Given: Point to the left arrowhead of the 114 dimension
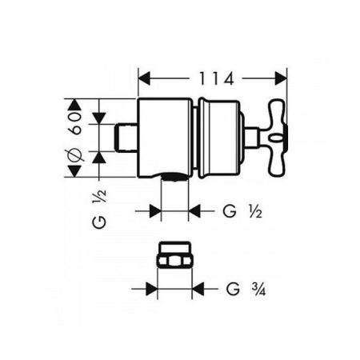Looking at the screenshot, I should pos(144,78).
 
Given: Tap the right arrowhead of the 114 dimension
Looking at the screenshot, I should pos(281,78).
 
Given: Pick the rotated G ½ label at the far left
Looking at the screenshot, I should pos(99,210).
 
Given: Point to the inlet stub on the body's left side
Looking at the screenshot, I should pos(127,138).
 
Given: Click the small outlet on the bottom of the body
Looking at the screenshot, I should pos(174,178).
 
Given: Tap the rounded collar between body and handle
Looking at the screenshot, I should pos(218,138).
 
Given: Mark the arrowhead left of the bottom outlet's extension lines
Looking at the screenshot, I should pos(155,211).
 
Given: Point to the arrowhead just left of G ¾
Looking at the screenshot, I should pos(198,287).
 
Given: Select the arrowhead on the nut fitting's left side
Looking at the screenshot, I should pos(151,287).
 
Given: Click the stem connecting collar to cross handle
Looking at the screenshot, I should pos(250,138).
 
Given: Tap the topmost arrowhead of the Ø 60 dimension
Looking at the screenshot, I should pos(75,104).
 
